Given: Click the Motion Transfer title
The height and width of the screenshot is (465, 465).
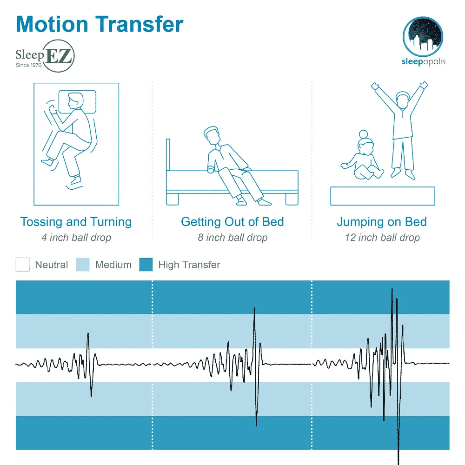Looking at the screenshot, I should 100,24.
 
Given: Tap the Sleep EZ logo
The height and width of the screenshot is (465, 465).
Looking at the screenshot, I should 45,59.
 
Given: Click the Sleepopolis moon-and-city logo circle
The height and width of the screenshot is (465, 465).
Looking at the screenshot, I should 423,36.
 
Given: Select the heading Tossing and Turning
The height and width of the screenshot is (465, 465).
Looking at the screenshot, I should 76,222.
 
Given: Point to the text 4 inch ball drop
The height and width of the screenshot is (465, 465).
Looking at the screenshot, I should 76,238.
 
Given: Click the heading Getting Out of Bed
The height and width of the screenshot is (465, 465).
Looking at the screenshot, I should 232,222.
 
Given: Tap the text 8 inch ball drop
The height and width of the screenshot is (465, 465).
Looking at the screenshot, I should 232,238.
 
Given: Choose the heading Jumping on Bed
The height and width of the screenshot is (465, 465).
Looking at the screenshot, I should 382,222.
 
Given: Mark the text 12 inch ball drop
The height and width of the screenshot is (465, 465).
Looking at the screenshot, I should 382,238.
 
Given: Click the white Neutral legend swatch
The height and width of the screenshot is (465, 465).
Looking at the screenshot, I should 22,265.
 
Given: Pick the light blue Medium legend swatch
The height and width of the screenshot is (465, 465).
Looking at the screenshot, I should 82,265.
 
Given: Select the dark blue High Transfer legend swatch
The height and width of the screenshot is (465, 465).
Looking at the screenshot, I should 146,265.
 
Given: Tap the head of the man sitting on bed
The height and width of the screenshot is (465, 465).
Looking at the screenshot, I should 212,136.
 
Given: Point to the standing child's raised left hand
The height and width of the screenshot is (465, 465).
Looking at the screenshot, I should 423,86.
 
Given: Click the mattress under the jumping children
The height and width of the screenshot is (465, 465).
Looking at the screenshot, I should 382,196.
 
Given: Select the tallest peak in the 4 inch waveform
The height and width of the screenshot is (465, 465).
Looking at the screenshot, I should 88,334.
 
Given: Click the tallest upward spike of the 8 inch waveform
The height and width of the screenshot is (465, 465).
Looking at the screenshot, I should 254,308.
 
